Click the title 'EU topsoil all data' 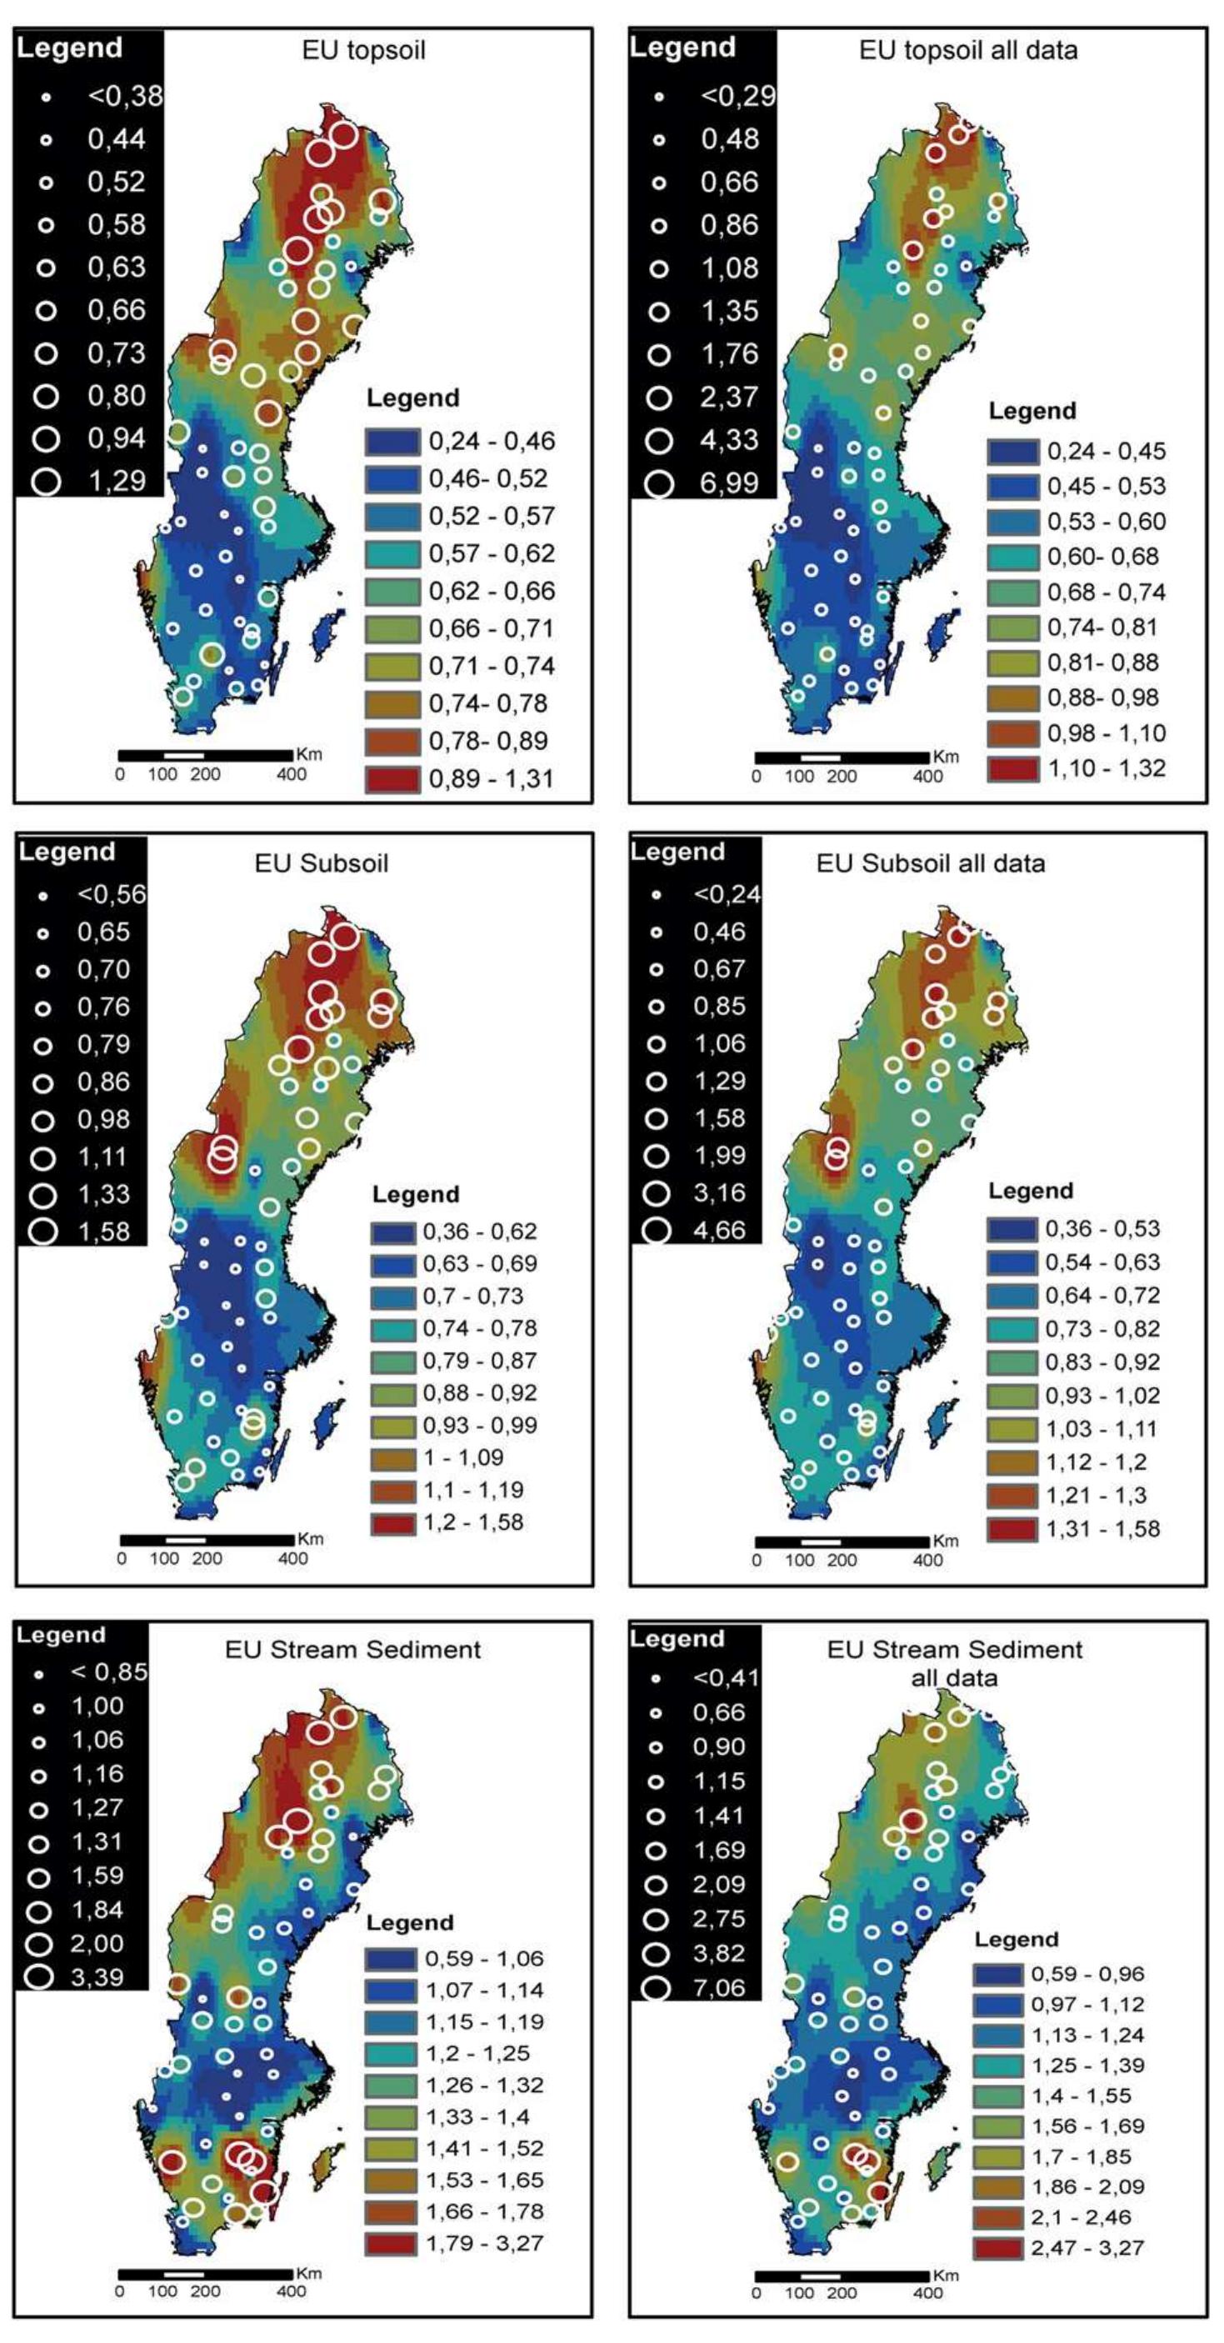967,50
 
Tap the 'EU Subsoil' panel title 321,862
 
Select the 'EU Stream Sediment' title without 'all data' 352,1649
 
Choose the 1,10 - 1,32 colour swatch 1012,768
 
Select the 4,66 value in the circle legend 719,1230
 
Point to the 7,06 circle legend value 718,1988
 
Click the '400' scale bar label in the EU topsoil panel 291,775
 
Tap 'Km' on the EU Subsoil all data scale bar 946,1541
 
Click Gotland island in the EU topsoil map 327,632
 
